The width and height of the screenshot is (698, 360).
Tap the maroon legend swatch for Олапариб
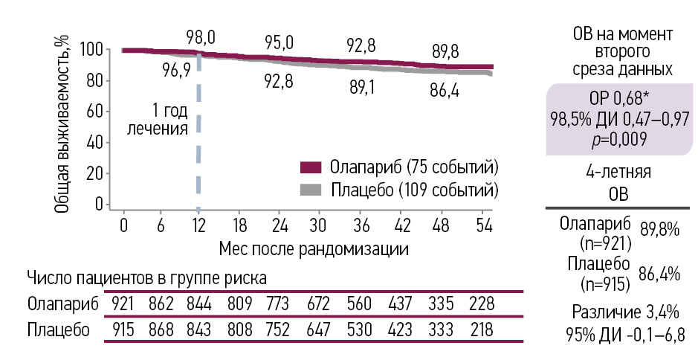click(x=311, y=165)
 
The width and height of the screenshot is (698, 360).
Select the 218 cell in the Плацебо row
click(x=480, y=330)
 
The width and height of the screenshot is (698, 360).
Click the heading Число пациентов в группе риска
click(x=147, y=278)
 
